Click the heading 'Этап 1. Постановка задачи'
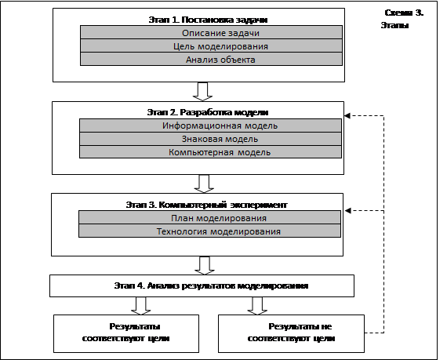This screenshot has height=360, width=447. click(208, 20)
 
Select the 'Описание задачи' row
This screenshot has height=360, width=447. click(211, 32)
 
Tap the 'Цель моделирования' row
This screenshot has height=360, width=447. click(211, 46)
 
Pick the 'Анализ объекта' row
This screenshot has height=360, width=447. click(211, 60)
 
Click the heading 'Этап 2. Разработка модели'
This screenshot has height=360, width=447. click(208, 112)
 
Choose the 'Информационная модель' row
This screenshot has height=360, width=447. click(210, 125)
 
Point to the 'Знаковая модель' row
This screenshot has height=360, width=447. click(210, 139)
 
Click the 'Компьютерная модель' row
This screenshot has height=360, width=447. click(210, 152)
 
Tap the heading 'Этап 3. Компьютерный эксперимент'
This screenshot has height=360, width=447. click(207, 205)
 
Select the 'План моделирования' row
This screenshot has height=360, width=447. click(209, 218)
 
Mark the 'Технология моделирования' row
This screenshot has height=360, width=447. click(209, 231)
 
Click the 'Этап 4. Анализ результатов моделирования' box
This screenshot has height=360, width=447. click(202, 286)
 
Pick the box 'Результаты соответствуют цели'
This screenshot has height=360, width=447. click(126, 333)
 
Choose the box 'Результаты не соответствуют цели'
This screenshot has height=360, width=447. click(291, 333)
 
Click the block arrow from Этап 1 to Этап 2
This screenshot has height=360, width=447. click(202, 92)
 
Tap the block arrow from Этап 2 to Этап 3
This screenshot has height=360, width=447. click(204, 184)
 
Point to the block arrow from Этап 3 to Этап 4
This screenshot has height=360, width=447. click(205, 266)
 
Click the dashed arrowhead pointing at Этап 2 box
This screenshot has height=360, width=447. click(347, 115)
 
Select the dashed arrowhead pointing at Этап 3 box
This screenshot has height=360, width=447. click(347, 211)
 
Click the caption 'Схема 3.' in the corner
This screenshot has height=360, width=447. click(404, 13)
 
